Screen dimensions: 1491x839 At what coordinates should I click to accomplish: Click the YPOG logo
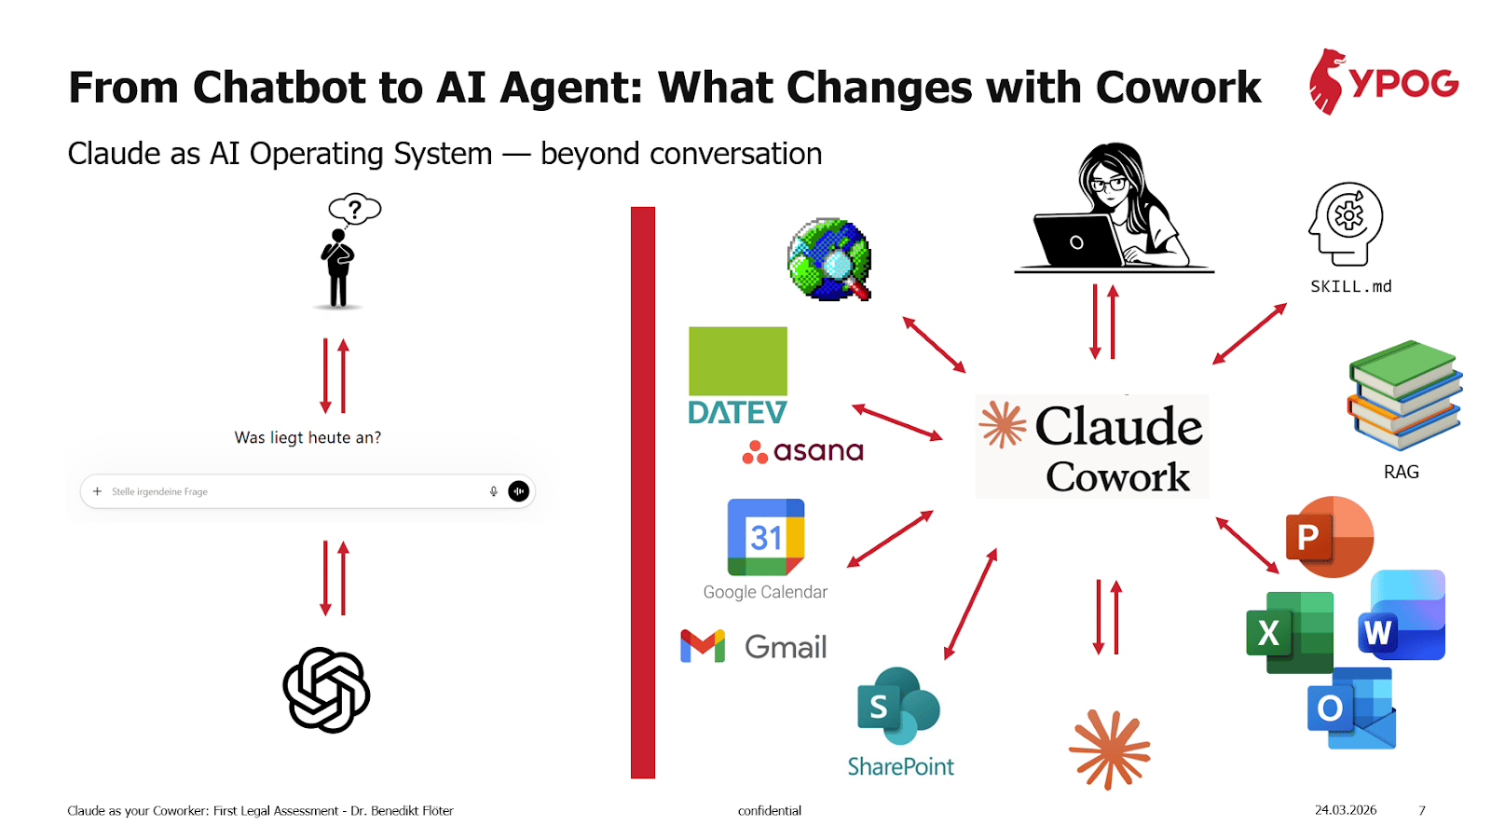1384,82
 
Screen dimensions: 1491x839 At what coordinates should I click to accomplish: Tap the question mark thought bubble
355,210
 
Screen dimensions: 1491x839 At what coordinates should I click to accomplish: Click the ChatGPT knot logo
326,690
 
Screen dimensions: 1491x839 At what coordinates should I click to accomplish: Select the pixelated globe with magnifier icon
828,259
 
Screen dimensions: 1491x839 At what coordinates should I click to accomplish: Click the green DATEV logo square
737,361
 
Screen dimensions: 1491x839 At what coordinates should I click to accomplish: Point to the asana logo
802,451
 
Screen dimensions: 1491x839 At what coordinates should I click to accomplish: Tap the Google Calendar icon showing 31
765,537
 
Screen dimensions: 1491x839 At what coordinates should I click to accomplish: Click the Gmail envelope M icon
703,646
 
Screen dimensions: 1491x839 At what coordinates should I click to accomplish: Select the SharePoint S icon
898,706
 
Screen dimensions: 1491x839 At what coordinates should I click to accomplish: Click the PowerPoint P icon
1329,537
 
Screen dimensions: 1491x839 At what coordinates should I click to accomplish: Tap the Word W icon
1402,614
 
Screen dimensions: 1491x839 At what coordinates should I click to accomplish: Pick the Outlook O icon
1351,708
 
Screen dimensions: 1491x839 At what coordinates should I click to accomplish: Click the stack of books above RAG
1404,395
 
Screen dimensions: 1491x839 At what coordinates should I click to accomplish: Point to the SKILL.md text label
1350,287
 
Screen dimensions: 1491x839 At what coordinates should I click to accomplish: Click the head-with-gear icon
1346,225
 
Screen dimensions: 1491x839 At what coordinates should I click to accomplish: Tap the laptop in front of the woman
1078,241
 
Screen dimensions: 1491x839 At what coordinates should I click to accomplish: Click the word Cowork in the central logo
1117,476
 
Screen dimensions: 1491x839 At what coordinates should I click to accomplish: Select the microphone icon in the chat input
493,491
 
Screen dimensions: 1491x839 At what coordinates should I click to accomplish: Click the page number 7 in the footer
1422,810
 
